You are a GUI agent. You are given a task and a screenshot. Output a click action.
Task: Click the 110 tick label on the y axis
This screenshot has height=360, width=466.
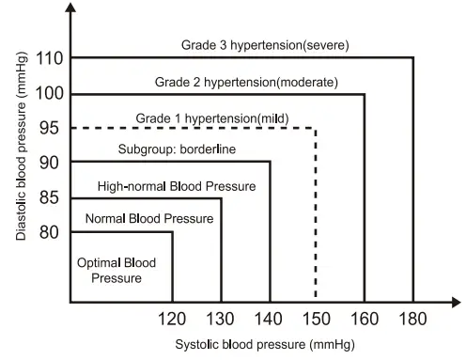pyautogui.click(x=50, y=58)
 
